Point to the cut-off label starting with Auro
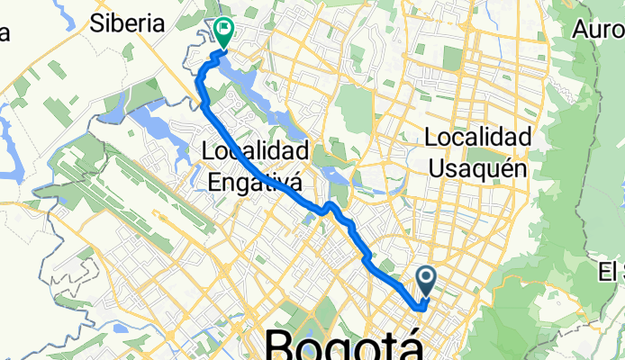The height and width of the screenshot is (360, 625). pos(597,31)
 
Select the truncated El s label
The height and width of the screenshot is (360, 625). pos(610,270)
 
